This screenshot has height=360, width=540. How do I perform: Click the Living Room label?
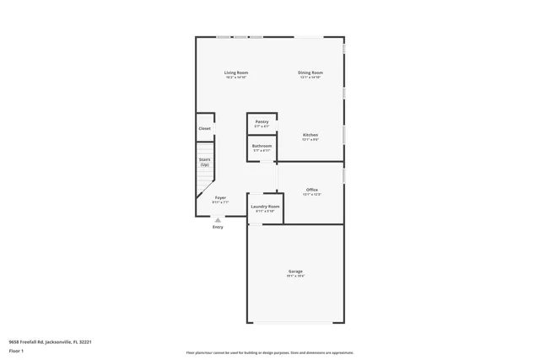pos(235,73)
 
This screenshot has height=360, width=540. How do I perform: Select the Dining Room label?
pos(310,73)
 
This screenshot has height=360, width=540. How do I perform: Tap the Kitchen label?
pos(310,135)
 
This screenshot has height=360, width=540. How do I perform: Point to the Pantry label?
pos(262,121)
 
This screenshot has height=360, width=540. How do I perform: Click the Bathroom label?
pos(262,146)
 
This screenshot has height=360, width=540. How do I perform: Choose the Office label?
pos(311,190)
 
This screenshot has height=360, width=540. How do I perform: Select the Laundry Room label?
pos(265,206)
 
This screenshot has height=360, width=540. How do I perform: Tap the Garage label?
pos(294,271)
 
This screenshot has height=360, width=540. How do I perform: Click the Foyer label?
pos(219,197)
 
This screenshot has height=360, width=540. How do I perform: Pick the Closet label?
pos(205,128)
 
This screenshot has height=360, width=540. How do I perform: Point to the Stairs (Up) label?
pos(204,162)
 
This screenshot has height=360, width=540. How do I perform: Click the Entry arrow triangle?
pos(218,220)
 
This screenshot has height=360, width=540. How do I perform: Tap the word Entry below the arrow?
pos(218,227)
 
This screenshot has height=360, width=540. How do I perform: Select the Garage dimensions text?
pos(294,276)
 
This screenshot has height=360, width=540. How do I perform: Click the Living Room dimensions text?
pos(235,78)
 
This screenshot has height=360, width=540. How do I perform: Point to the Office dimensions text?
pos(311,195)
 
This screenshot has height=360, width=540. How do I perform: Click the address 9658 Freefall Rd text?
pos(50,341)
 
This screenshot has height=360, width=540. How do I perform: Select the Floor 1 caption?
pos(16,351)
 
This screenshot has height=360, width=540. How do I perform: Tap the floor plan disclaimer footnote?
pos(270,353)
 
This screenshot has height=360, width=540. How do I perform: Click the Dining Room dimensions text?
pos(310,78)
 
